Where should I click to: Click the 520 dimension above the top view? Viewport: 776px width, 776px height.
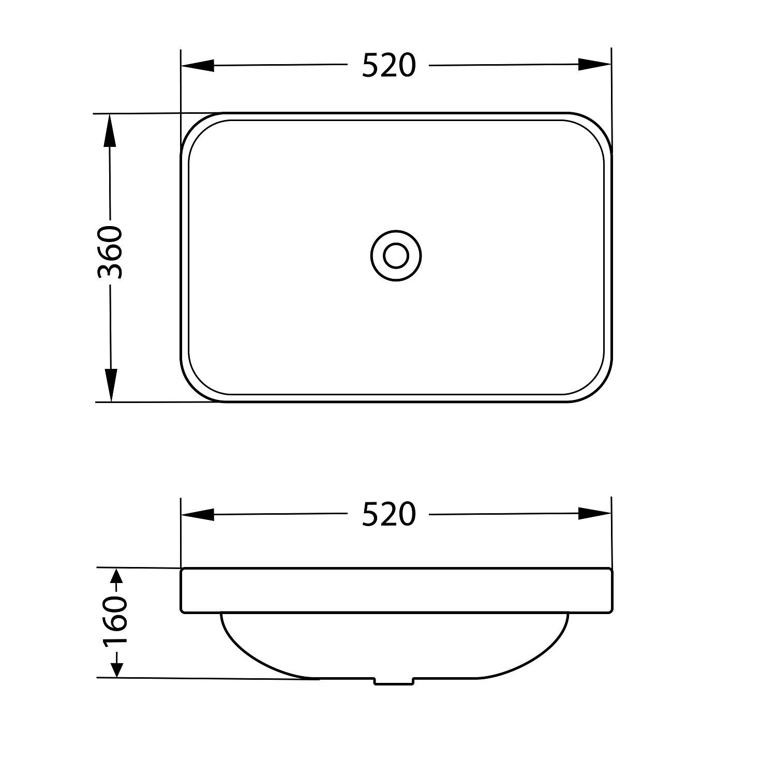coord(389,66)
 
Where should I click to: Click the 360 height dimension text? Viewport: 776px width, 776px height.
coord(110,252)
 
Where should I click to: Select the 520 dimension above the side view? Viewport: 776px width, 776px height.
coord(389,514)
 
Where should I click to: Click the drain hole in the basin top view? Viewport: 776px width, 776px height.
coord(396,256)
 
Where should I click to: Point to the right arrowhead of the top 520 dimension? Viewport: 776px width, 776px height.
coord(594,65)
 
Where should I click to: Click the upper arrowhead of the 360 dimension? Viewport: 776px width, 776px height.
coord(110,130)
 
